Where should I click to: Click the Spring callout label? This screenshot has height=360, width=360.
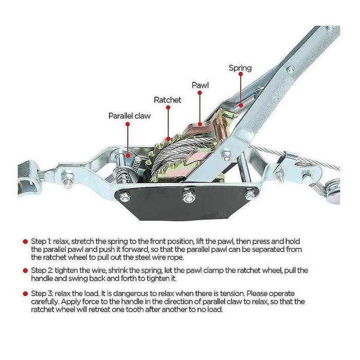[x=240, y=68]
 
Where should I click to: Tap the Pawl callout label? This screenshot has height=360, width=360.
[x=200, y=85]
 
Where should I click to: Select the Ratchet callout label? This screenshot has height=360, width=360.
[x=167, y=100]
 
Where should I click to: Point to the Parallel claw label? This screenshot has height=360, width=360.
[x=130, y=116]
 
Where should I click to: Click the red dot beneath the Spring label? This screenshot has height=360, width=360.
[x=241, y=74]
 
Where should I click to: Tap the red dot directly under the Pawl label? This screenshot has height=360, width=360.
[x=200, y=93]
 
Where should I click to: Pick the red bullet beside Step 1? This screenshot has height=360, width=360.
[x=25, y=242]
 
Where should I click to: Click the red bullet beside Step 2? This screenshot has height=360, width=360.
[x=25, y=271]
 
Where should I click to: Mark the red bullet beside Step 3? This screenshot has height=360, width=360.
[x=25, y=294]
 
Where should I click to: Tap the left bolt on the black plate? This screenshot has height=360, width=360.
[x=124, y=197]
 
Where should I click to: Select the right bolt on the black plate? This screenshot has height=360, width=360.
[x=249, y=195]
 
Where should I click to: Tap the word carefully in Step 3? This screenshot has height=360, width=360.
[x=44, y=302]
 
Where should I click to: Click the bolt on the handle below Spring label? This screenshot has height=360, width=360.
[x=291, y=69]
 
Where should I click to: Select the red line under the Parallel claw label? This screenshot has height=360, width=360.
[x=128, y=140]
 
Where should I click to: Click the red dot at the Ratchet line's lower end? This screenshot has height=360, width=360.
[x=168, y=139]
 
